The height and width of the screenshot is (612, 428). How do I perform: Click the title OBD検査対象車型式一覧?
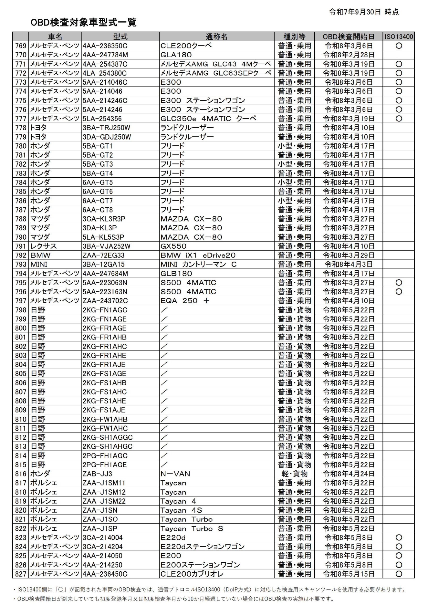[x=83, y=22]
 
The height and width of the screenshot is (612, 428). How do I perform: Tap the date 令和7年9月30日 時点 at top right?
[x=364, y=12]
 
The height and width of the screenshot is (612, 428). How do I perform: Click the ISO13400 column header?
[x=399, y=37]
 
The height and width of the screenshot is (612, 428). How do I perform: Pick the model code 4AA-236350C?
[x=105, y=46]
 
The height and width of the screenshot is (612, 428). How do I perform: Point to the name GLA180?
[x=176, y=55]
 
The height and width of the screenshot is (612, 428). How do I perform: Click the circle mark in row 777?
[x=399, y=119]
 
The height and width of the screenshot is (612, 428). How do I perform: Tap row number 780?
[x=21, y=146]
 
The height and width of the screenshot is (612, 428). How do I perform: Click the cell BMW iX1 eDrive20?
[x=198, y=255]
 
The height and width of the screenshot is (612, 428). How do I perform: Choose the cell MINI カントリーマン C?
[x=198, y=264]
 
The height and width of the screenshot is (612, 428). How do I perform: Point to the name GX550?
[x=173, y=246]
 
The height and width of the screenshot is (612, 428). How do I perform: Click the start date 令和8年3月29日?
[x=349, y=255]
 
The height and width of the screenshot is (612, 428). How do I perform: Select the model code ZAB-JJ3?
[x=97, y=474]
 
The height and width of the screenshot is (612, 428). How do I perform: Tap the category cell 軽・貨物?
[x=294, y=474]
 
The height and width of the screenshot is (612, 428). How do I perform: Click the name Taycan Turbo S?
[x=192, y=528]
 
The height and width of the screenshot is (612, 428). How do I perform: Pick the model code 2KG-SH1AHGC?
[x=107, y=446]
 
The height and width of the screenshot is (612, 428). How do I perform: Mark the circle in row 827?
[x=399, y=574]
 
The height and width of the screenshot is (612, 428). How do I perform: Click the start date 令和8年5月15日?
[x=349, y=574]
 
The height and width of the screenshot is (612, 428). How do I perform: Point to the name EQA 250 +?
[x=185, y=301]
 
